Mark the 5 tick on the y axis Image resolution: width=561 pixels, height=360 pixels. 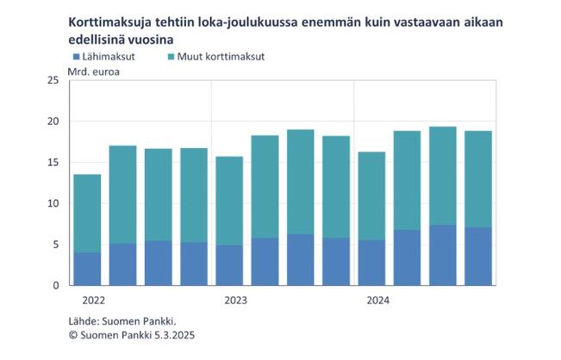[55, 245]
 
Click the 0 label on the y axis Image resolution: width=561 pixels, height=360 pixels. [55, 285]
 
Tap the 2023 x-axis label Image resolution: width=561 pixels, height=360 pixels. [236, 301]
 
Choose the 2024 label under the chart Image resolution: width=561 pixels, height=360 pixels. [377, 301]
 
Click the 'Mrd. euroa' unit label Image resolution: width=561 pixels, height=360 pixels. [95, 71]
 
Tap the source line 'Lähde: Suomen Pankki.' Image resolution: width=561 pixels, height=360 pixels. [118, 320]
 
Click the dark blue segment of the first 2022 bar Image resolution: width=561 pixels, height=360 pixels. [87, 269]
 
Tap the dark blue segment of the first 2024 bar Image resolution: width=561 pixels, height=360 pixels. [371, 263]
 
